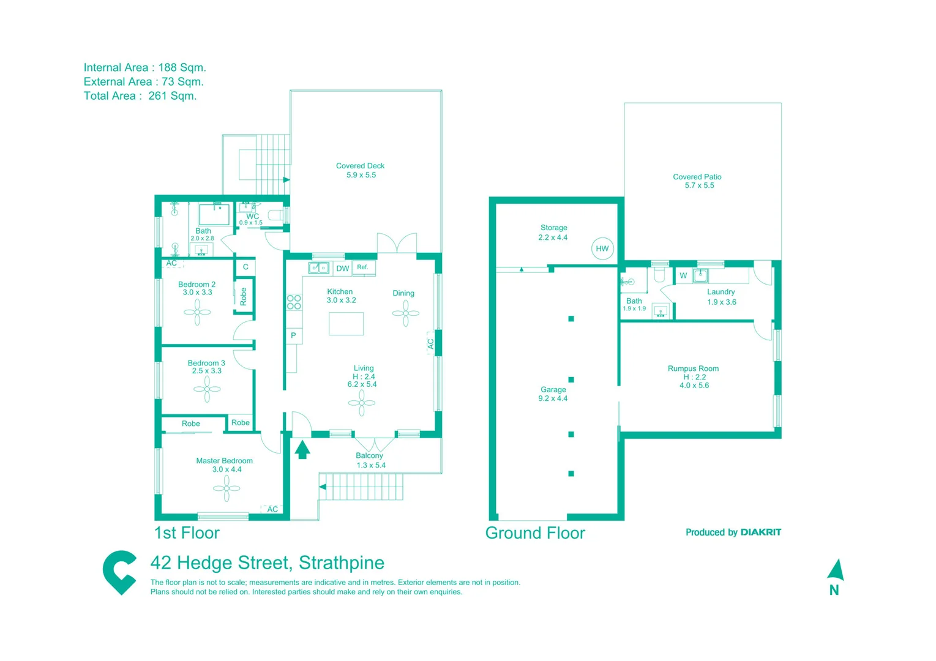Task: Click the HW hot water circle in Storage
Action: click(x=602, y=248)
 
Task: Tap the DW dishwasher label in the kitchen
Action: click(x=343, y=269)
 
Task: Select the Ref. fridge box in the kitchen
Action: click(x=363, y=267)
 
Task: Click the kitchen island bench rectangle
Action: click(x=346, y=324)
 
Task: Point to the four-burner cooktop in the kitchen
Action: click(x=294, y=302)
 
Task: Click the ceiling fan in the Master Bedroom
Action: click(x=227, y=488)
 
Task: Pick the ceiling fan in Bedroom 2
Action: click(x=197, y=312)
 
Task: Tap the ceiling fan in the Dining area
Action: click(x=405, y=313)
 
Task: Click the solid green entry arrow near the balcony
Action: click(x=302, y=450)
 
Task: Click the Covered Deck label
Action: click(x=360, y=166)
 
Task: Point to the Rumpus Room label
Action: click(x=693, y=368)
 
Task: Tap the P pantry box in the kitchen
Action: click(x=293, y=335)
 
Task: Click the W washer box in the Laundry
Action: click(x=683, y=275)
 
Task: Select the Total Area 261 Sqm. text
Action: click(x=140, y=96)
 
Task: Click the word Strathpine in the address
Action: click(x=342, y=562)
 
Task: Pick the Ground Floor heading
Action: click(x=535, y=533)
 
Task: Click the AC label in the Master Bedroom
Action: click(x=272, y=509)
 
